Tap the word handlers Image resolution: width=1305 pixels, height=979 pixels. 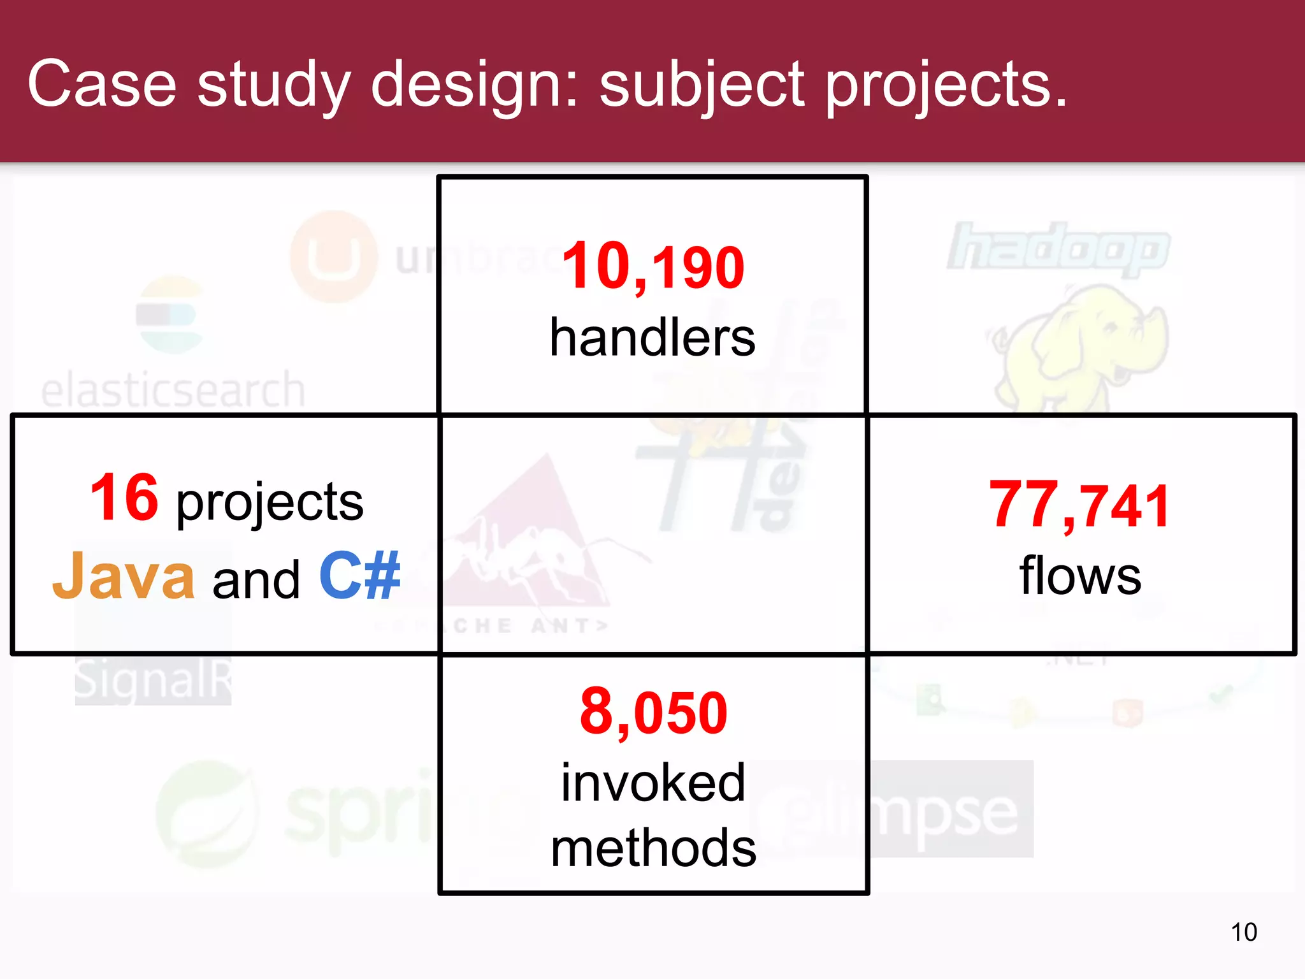pyautogui.click(x=652, y=338)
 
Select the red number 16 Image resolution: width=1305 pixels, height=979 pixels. pyautogui.click(x=124, y=498)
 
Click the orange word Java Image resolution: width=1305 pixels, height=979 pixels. pyautogui.click(x=124, y=577)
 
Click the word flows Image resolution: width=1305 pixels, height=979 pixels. pyautogui.click(x=1080, y=576)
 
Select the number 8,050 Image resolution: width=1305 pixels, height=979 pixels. pyautogui.click(x=653, y=713)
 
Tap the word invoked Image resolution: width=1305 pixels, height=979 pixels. pyautogui.click(x=653, y=783)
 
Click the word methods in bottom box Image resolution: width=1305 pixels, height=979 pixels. pyautogui.click(x=653, y=849)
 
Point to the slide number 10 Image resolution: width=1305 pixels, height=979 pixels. pyautogui.click(x=1243, y=932)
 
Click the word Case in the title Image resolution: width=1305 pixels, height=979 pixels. pyautogui.click(x=102, y=85)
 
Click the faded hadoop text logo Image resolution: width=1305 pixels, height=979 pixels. pyautogui.click(x=1058, y=247)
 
